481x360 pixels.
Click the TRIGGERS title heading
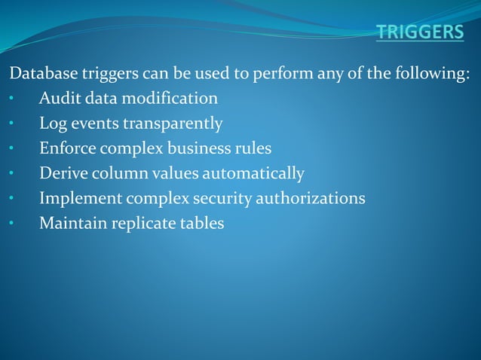(421, 32)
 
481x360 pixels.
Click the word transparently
(175, 123)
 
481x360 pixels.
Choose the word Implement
(78, 198)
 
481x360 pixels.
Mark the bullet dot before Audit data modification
(11, 99)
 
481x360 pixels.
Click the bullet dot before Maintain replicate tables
(11, 224)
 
